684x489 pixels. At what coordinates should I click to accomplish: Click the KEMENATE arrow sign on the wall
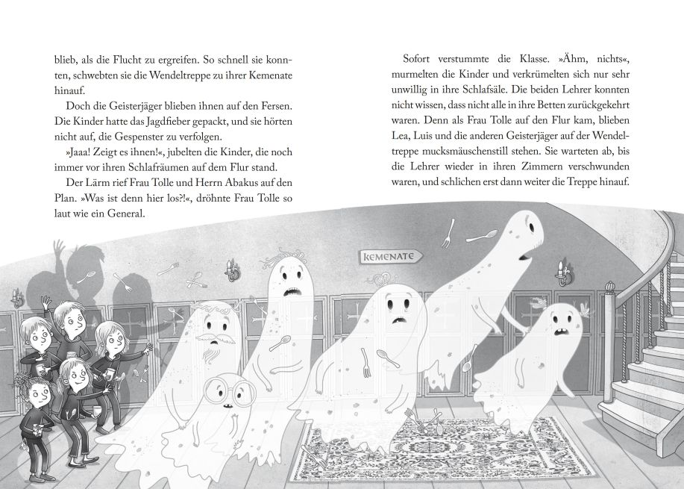coord(390,256)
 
